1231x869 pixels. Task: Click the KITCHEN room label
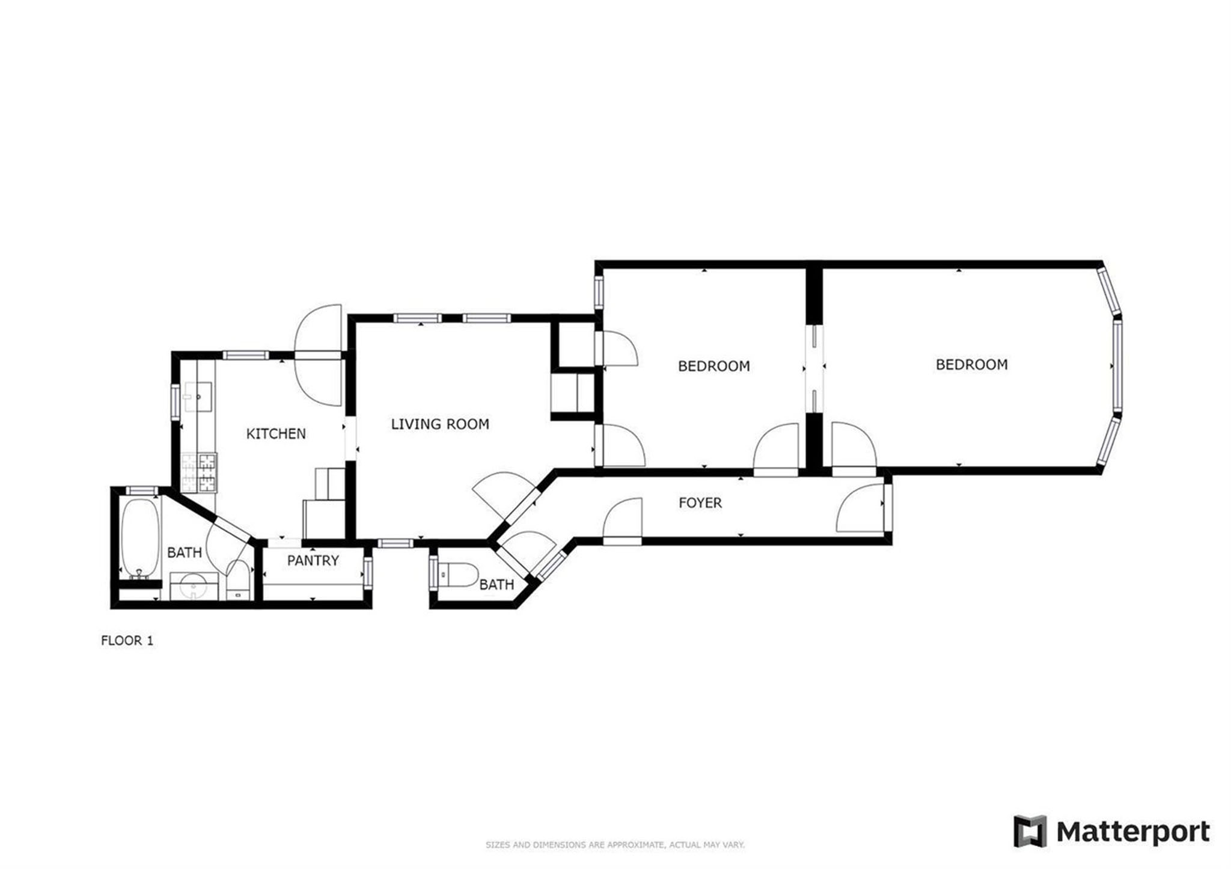(x=276, y=433)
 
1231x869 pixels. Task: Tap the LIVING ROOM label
(x=440, y=424)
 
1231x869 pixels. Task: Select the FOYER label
(x=700, y=503)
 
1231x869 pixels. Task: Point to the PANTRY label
(x=313, y=561)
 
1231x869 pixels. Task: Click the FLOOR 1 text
(x=127, y=641)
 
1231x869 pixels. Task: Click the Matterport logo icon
(x=1030, y=832)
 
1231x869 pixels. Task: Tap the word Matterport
(x=1133, y=832)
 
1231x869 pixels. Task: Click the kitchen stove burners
(x=198, y=472)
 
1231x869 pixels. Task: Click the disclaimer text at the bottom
(x=615, y=845)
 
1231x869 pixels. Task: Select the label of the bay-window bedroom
(x=971, y=364)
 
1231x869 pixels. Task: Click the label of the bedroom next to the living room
(x=713, y=366)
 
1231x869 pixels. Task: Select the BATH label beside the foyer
(x=496, y=584)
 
